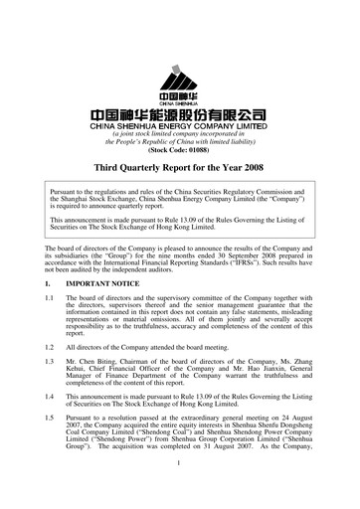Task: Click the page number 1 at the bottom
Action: coord(179,489)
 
